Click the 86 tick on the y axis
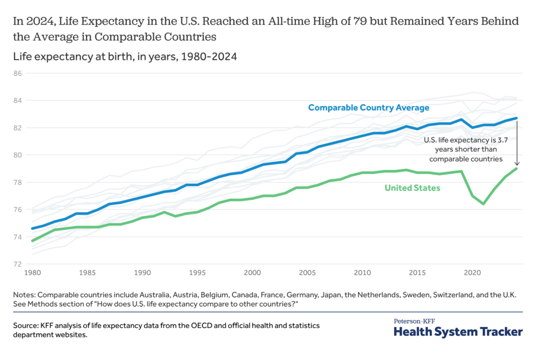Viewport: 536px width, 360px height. [x=17, y=73]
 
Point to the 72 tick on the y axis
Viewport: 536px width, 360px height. [x=17, y=264]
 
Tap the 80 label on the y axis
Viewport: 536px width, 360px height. [x=17, y=155]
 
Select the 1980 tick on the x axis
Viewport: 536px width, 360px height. [x=31, y=273]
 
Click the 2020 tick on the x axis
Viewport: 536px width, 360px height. [x=473, y=273]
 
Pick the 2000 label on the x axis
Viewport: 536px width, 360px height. [x=252, y=273]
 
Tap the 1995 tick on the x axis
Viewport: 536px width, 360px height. [x=197, y=273]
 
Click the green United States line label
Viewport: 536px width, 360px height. [x=412, y=187]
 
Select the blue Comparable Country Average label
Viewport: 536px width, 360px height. [x=368, y=107]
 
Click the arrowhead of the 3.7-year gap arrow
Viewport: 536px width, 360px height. [x=517, y=163]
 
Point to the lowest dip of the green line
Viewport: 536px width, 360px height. [x=483, y=204]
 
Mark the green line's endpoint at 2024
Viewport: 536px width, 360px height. [x=517, y=168]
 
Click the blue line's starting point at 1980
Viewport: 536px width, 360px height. [x=31, y=229]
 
